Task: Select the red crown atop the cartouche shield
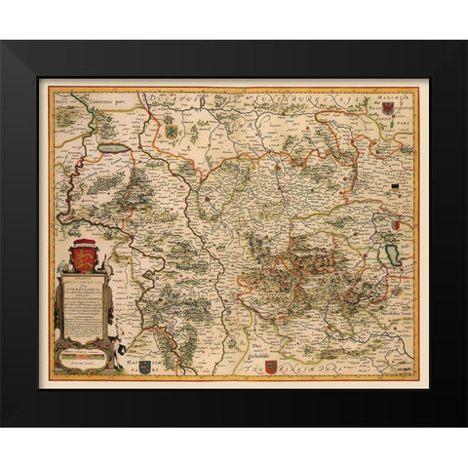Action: point(84,244)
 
